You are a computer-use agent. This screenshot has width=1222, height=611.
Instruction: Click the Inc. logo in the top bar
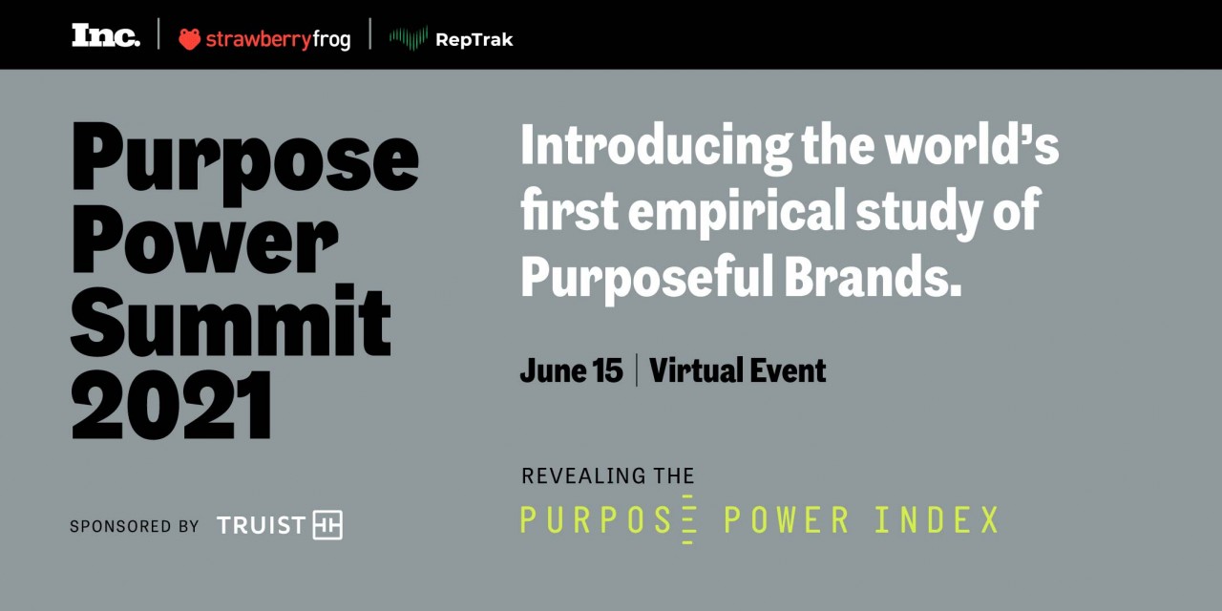pos(106,35)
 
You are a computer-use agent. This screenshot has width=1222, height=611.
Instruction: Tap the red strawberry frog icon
pos(189,39)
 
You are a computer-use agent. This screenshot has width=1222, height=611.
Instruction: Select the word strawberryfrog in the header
pos(278,40)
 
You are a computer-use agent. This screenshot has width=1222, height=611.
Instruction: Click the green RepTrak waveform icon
pos(408,38)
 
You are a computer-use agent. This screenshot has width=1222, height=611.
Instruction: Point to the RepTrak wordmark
pos(474,40)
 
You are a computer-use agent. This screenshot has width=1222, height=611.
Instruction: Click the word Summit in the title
pos(231,322)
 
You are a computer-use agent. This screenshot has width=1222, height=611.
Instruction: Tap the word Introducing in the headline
pos(656,146)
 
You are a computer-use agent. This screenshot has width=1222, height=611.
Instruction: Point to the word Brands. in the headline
pos(873,276)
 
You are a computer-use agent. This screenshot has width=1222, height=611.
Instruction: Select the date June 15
pos(571,370)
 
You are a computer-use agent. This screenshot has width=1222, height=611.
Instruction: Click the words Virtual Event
pos(738,370)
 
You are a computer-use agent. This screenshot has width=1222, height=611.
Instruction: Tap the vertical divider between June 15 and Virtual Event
pos(636,370)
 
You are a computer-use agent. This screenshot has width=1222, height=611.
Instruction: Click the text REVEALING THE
pos(608,475)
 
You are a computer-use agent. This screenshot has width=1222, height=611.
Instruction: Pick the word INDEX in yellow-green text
pos(937,520)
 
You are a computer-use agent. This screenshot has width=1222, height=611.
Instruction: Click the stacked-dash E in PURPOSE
pos(688,520)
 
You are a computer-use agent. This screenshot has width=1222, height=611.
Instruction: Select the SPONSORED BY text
pos(135,526)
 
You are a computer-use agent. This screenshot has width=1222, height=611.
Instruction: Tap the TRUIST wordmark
pos(261,525)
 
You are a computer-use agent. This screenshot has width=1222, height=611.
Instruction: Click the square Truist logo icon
pos(327,525)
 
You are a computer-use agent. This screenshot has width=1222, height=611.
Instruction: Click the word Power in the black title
pos(204,241)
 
